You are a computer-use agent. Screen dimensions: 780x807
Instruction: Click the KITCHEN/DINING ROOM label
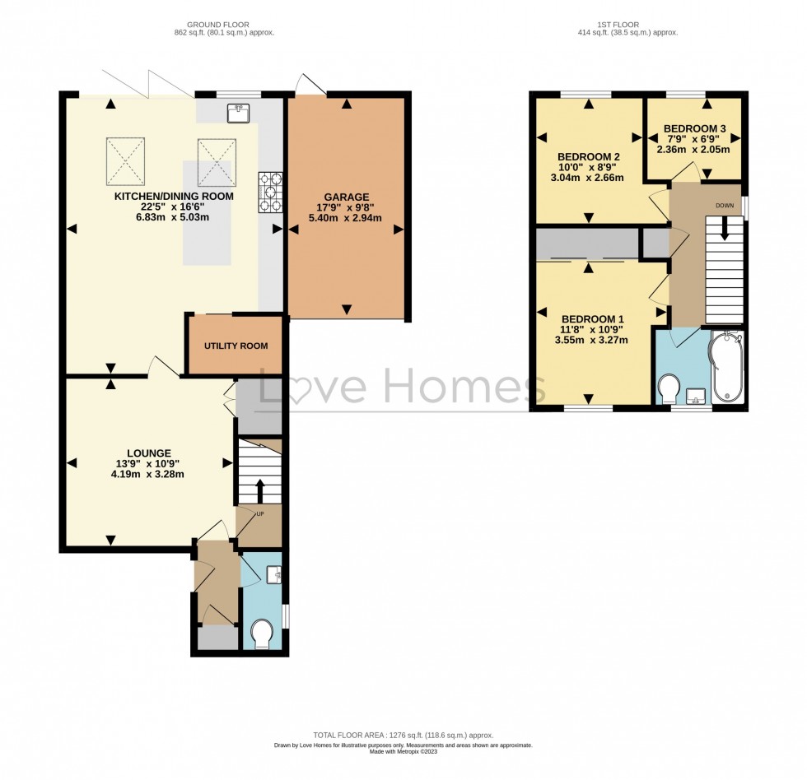[174, 197]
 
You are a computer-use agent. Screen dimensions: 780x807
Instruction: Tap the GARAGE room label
[345, 197]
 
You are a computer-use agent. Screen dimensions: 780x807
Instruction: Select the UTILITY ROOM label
[236, 346]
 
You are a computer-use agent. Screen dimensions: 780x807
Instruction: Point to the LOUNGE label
[149, 453]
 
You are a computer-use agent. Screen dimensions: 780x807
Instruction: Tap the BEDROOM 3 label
[696, 128]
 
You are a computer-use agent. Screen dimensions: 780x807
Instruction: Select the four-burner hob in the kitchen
[271, 193]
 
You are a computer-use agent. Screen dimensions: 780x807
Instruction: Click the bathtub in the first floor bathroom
[729, 369]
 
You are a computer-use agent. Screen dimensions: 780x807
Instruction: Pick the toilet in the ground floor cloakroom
[263, 635]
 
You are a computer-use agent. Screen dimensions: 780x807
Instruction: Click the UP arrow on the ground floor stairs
[261, 491]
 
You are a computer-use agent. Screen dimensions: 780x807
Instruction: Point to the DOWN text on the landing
[725, 206]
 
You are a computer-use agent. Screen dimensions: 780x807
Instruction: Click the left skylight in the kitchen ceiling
[124, 160]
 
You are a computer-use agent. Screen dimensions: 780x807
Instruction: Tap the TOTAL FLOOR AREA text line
[403, 736]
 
